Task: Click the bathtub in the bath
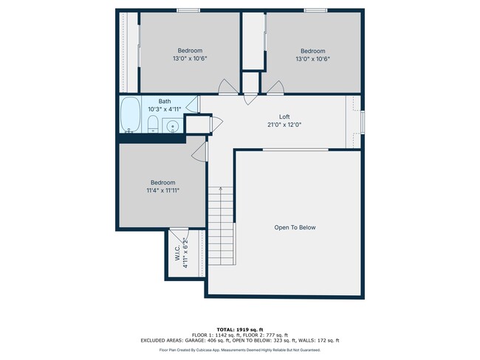[131, 115]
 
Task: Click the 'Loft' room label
[284, 117]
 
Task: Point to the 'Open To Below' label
[295, 227]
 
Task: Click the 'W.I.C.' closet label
[177, 253]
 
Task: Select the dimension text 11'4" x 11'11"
[163, 190]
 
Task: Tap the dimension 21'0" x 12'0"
[285, 125]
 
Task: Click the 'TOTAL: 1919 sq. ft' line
[240, 329]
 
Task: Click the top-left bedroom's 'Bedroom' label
[190, 51]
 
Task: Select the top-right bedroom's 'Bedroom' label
[312, 51]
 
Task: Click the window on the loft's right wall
[362, 122]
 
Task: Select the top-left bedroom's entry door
[229, 88]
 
